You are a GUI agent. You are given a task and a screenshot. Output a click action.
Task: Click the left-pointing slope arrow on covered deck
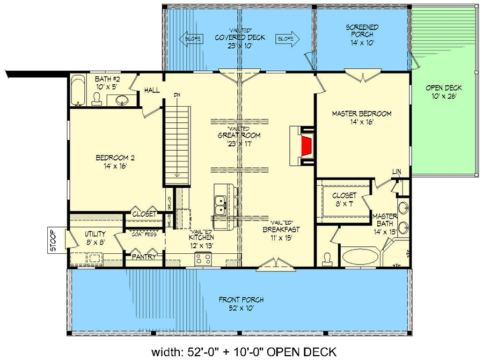tap(190, 39)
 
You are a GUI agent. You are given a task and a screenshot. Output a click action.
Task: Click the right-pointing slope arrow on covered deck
tap(288, 39)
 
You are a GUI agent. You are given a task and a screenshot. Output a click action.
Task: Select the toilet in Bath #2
tap(97, 98)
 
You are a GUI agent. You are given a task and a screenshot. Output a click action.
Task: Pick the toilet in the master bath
tap(327, 259)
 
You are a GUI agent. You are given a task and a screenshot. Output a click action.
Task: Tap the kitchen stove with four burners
tap(203, 259)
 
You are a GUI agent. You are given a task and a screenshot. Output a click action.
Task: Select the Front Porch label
tap(241, 304)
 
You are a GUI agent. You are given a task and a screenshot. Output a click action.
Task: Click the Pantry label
tap(144, 257)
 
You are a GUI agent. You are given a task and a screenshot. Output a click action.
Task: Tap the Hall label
tap(152, 91)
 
